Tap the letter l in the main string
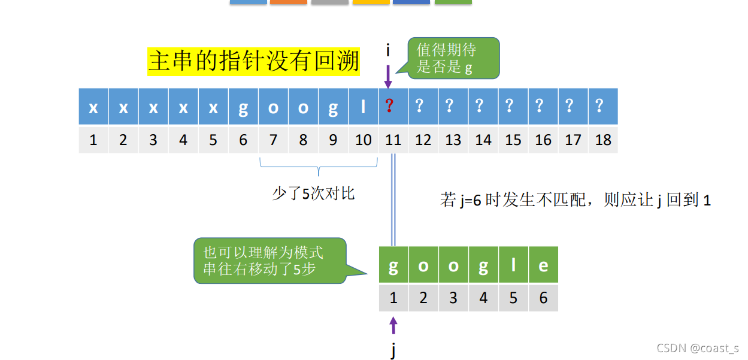(363, 107)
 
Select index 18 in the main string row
(603, 140)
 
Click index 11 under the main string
(393, 140)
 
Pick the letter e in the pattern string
(543, 265)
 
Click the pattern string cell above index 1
(393, 265)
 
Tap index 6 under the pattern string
(543, 298)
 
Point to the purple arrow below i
(388, 76)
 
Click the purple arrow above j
(393, 325)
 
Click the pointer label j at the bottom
(393, 350)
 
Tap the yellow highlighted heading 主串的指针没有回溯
(254, 61)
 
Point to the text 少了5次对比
(313, 193)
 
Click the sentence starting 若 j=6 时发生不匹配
(576, 200)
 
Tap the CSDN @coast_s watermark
(697, 348)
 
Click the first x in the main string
(93, 107)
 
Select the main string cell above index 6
(243, 107)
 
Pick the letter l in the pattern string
(513, 265)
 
